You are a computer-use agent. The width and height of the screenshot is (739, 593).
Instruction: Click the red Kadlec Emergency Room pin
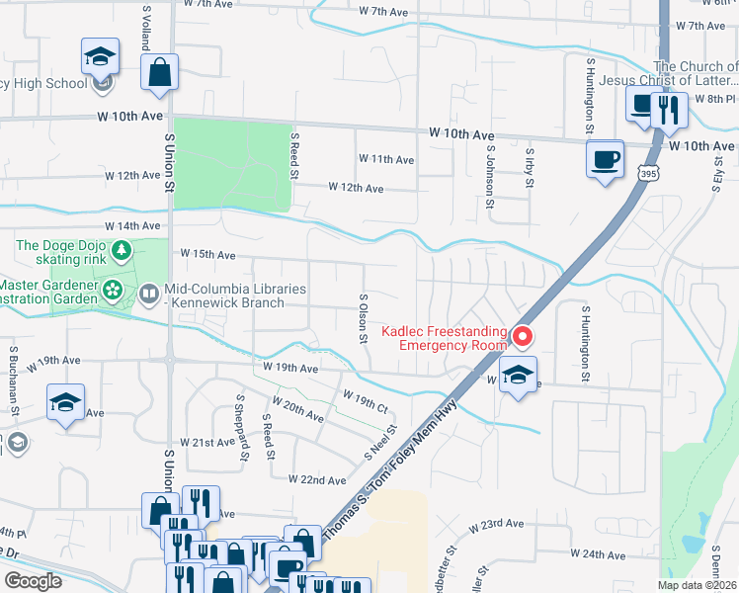[x=523, y=337]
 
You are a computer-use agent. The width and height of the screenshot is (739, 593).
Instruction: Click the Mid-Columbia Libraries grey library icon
[x=149, y=293]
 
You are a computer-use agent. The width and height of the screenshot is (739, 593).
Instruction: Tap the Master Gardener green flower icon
[x=114, y=291]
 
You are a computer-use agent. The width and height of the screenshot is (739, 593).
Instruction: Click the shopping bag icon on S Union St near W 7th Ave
[x=159, y=72]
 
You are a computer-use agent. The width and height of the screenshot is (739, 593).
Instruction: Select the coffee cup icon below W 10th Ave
[x=605, y=158]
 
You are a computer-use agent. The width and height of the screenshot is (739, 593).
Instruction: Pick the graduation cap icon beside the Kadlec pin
[x=517, y=375]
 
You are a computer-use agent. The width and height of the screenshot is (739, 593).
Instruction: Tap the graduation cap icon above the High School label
[x=100, y=56]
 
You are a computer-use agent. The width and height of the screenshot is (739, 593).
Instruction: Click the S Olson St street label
[x=364, y=316]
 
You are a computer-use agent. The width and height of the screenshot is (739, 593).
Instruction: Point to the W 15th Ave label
[x=207, y=255]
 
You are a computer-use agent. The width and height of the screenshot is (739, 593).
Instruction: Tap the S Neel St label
[x=380, y=442]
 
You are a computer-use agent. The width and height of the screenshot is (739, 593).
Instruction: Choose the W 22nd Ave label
[x=317, y=479]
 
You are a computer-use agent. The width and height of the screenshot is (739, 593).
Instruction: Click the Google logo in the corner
[x=33, y=581]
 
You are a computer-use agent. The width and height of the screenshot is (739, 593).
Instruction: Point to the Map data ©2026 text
[x=697, y=585]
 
